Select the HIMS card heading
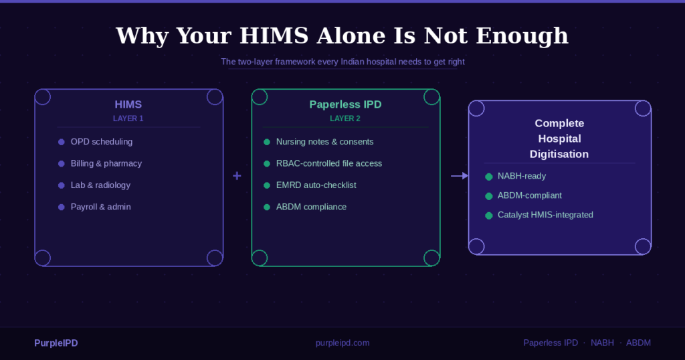pyautogui.click(x=128, y=104)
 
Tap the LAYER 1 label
pyautogui.click(x=128, y=118)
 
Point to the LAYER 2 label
pyautogui.click(x=345, y=118)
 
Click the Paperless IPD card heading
pyautogui.click(x=345, y=104)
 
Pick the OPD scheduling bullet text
pyautogui.click(x=102, y=142)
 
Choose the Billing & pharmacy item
pyautogui.click(x=106, y=163)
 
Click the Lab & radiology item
pyautogui.click(x=100, y=185)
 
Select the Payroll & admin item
pyautogui.click(x=101, y=207)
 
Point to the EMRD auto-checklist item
pyautogui.click(x=316, y=185)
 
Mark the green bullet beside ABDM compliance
pyautogui.click(x=267, y=207)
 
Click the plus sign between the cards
pyautogui.click(x=237, y=176)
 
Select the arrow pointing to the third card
pyautogui.click(x=460, y=176)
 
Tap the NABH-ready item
pyautogui.click(x=522, y=176)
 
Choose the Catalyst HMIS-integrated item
pyautogui.click(x=545, y=215)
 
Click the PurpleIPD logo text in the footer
pyautogui.click(x=56, y=343)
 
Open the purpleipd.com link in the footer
pyautogui.click(x=342, y=343)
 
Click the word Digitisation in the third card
pyautogui.click(x=559, y=154)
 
